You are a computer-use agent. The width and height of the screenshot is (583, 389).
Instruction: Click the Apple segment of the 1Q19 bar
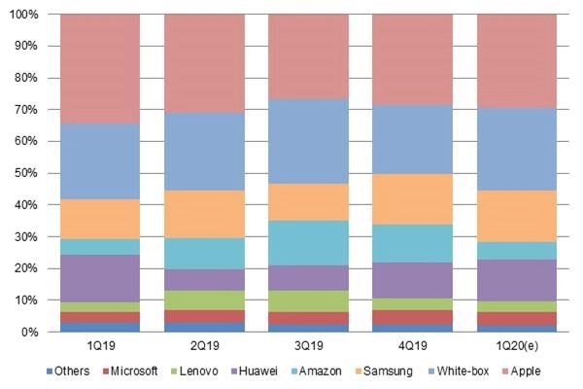pos(99,69)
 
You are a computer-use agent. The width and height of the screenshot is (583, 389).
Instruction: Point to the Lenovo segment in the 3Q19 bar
pos(308,301)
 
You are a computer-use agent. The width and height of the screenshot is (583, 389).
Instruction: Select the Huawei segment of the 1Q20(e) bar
pos(517,280)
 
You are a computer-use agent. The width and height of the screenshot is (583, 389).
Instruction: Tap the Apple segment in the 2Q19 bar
pos(204,64)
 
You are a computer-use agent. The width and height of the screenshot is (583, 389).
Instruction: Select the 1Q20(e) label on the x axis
pos(517,347)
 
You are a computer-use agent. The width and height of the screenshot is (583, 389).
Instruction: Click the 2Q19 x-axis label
pos(204,347)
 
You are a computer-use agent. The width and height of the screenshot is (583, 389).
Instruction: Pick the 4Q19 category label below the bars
pos(413,347)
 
